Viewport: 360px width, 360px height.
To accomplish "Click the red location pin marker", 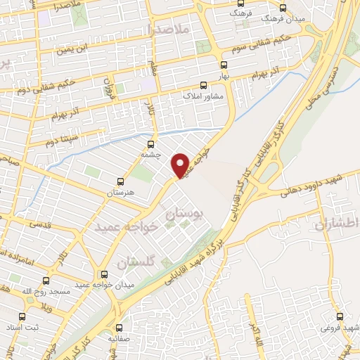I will pyautogui.click(x=181, y=165).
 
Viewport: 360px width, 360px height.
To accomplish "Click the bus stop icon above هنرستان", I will pyautogui.click(x=120, y=181).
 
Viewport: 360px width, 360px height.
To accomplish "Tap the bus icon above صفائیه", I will pyautogui.click(x=119, y=327).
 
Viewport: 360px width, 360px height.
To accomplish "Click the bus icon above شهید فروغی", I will pyautogui.click(x=340, y=317).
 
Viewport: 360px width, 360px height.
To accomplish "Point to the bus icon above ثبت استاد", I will pyautogui.click(x=22, y=317).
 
